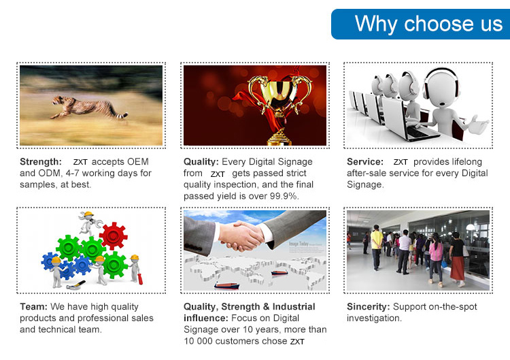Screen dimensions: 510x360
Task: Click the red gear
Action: pyautogui.click(x=113, y=235)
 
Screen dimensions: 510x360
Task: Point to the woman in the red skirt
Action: pyautogui.click(x=457, y=259)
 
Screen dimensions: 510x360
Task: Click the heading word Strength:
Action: pyautogui.click(x=41, y=162)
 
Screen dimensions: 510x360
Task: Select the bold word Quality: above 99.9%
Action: pyautogui.click(x=201, y=162)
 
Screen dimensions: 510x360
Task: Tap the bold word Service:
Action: pyautogui.click(x=365, y=162)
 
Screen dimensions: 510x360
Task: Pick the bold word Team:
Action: pyautogui.click(x=33, y=307)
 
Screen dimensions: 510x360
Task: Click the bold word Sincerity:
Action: pyautogui.click(x=368, y=307)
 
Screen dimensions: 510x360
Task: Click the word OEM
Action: pyautogui.click(x=138, y=162)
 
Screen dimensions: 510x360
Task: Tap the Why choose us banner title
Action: pyautogui.click(x=428, y=24)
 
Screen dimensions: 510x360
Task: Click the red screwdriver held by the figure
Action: pyautogui.click(x=140, y=278)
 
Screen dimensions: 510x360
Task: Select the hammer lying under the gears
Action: pyautogui.click(x=75, y=285)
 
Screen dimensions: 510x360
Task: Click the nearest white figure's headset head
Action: pyautogui.click(x=441, y=88)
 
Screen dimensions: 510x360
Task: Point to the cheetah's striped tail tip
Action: pyautogui.click(x=124, y=115)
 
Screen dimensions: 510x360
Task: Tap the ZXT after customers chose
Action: pyautogui.click(x=297, y=342)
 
